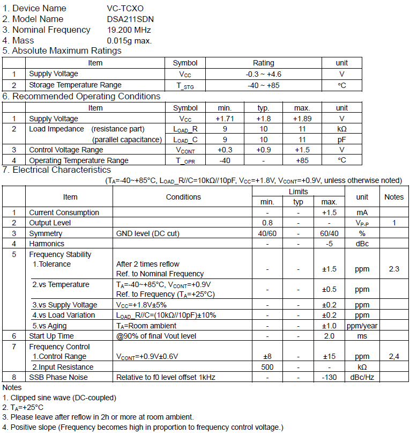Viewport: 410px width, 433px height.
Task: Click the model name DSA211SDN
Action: pos(130,19)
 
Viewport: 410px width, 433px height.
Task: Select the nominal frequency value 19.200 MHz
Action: pos(129,30)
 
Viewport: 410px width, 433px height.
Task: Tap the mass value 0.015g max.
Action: pos(129,40)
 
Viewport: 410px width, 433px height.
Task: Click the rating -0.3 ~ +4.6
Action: pos(263,74)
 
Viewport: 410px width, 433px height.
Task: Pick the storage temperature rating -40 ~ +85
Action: pos(263,85)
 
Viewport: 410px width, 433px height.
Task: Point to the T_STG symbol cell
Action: pos(185,85)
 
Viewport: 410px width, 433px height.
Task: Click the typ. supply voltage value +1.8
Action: pos(263,119)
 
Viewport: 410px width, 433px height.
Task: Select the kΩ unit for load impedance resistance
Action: pos(341,129)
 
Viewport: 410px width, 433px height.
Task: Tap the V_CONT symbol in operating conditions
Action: pos(185,150)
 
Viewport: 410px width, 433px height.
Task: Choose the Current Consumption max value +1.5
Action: pos(329,212)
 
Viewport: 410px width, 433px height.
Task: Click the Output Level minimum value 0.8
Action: pos(267,223)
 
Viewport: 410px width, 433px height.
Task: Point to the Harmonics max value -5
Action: pos(329,244)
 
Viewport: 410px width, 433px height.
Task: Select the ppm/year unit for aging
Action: pos(362,326)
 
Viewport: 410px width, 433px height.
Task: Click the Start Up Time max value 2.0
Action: pos(329,336)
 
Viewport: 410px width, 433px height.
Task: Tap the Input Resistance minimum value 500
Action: pos(267,367)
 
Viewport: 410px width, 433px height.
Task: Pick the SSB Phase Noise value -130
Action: pos(329,377)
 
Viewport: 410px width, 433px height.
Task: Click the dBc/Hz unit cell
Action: pos(362,377)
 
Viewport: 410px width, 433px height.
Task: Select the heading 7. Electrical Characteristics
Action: pos(57,170)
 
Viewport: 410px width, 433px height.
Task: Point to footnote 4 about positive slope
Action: pos(142,427)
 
